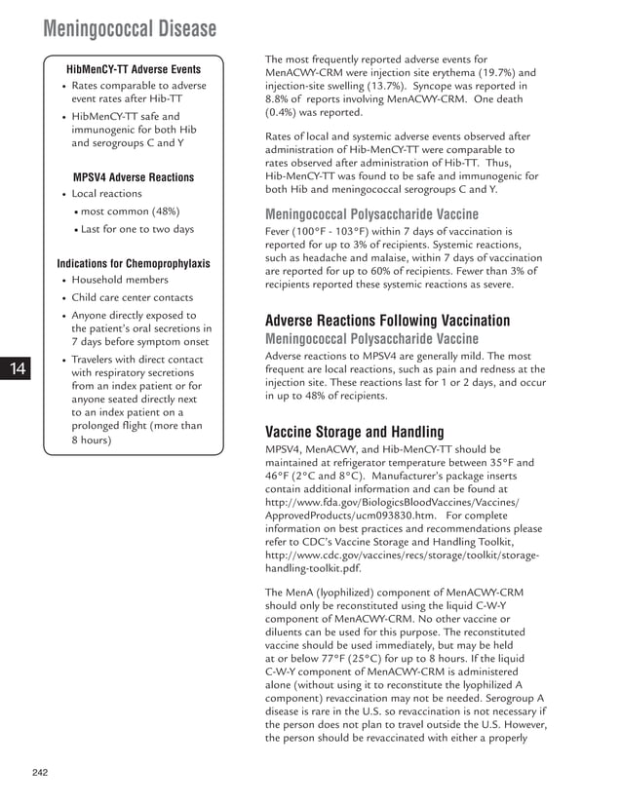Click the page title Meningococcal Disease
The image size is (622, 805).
130,29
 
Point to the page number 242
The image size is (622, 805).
39,773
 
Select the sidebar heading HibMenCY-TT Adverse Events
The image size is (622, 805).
134,69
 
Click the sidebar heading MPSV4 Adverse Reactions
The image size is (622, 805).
134,177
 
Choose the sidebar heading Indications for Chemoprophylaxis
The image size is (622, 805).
134,263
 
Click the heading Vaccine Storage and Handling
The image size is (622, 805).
355,432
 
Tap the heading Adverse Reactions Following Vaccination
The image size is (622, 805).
387,321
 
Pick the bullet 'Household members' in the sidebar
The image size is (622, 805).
120,280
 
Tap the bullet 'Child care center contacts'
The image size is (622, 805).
133,297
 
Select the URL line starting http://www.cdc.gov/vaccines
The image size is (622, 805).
401,556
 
